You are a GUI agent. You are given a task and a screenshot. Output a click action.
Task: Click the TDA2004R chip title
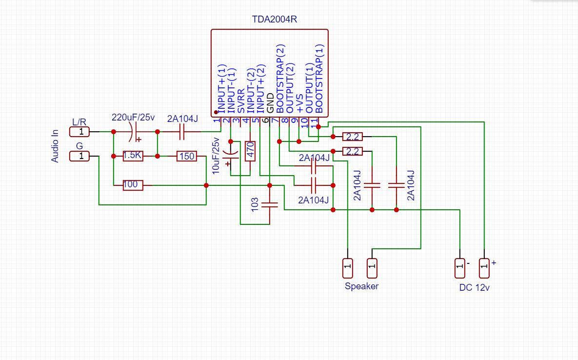pyautogui.click(x=274, y=20)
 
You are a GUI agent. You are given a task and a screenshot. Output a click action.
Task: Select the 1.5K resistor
pyautogui.click(x=133, y=156)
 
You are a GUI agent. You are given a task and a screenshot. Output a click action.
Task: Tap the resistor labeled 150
pyautogui.click(x=187, y=156)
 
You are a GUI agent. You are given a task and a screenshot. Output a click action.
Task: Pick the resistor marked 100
pyautogui.click(x=132, y=185)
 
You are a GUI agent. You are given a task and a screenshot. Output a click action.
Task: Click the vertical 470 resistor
pyautogui.click(x=250, y=151)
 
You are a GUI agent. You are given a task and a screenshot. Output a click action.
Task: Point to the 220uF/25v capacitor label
pyautogui.click(x=133, y=118)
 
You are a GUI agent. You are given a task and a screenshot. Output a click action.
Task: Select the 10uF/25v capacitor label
pyautogui.click(x=216, y=156)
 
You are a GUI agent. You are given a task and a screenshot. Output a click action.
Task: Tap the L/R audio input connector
pyautogui.click(x=80, y=132)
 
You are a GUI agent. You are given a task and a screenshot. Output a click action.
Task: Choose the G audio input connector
pyautogui.click(x=80, y=156)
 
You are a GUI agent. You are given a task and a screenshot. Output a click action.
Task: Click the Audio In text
pyautogui.click(x=55, y=145)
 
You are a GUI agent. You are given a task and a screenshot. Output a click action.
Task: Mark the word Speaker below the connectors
pyautogui.click(x=361, y=286)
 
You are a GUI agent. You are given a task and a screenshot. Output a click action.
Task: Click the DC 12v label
pyautogui.click(x=474, y=288)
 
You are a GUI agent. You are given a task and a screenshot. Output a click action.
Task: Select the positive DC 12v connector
pyautogui.click(x=484, y=268)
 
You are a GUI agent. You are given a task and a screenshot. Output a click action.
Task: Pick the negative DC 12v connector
pyautogui.click(x=459, y=268)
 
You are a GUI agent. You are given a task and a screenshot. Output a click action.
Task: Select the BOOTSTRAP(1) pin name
pyautogui.click(x=319, y=78)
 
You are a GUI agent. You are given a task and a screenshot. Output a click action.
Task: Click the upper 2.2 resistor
pyautogui.click(x=352, y=137)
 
